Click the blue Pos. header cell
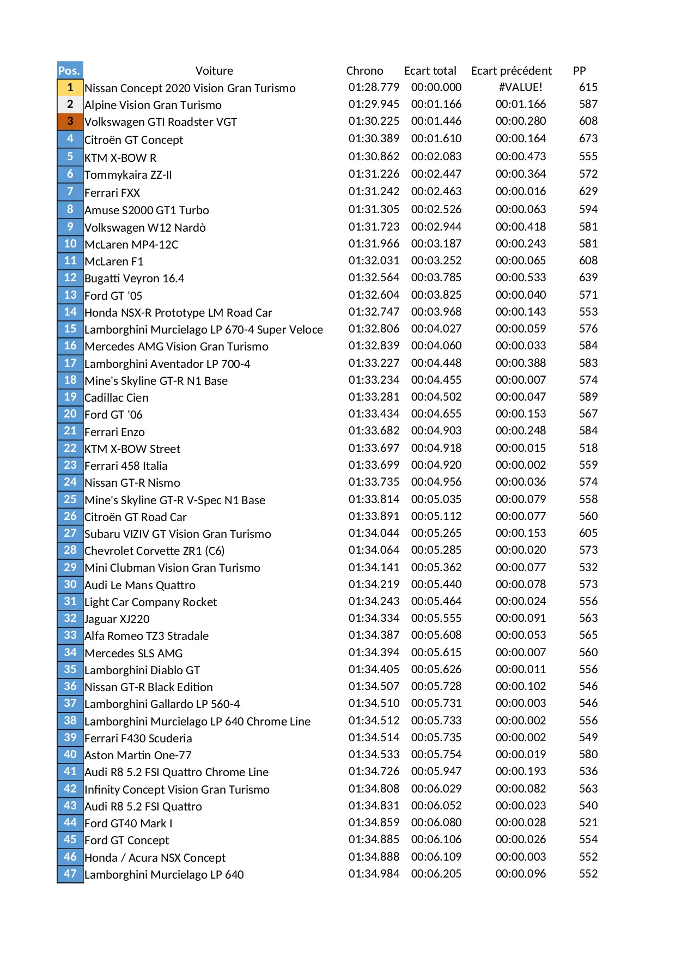70,70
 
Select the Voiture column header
214,71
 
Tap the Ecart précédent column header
511,71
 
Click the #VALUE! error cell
520,87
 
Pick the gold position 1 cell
70,87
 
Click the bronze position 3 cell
70,121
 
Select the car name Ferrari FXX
112,193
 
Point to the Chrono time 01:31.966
374,244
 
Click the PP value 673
588,138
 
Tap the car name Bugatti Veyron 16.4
135,279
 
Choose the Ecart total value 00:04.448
436,363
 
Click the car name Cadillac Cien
117,398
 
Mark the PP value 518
588,448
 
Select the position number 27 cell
70,533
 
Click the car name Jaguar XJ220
117,619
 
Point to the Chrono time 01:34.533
374,754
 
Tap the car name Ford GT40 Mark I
129,824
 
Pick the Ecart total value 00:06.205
436,874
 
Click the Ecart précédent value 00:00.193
520,771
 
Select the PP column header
579,71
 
